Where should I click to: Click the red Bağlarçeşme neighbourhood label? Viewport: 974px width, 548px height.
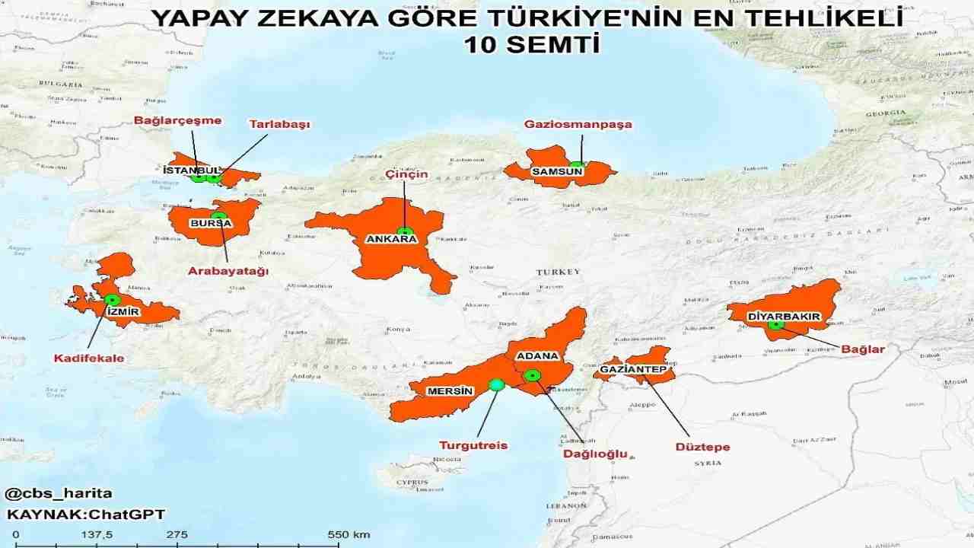tap(177, 120)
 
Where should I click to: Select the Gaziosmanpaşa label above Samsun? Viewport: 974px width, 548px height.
tap(578, 125)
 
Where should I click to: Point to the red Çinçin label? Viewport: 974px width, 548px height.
tap(406, 174)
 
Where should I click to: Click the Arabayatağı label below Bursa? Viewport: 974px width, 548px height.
tap(228, 271)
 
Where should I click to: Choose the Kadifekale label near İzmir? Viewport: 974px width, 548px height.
tap(89, 358)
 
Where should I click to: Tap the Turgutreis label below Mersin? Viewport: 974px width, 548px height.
tap(473, 445)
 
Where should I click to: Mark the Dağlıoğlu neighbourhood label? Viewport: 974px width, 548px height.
tap(594, 454)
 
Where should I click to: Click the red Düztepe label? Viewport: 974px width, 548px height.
tap(702, 447)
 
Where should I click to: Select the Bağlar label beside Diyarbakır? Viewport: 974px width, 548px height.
tap(863, 349)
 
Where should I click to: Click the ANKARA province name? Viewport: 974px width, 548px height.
tap(392, 239)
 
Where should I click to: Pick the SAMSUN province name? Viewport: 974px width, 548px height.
tap(557, 171)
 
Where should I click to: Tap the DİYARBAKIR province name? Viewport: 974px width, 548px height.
tap(783, 316)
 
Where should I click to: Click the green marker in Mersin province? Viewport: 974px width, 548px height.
tap(496, 385)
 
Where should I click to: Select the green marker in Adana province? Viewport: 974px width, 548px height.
tap(532, 374)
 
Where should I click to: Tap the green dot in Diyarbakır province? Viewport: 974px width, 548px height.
tap(775, 324)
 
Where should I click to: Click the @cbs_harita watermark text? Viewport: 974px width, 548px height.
tap(59, 493)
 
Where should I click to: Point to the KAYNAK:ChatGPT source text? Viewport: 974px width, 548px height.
tap(85, 515)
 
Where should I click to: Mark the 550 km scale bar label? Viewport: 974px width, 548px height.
tap(349, 534)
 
